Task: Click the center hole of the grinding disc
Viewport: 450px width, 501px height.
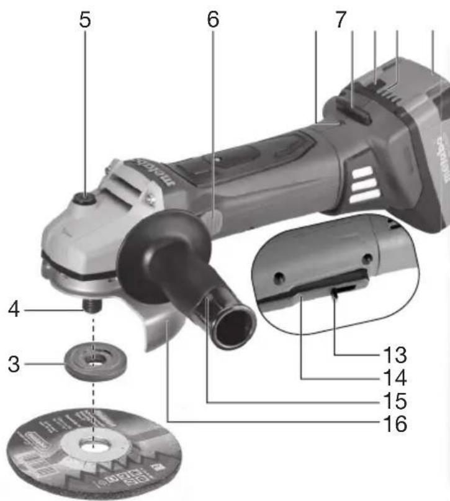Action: click(91, 445)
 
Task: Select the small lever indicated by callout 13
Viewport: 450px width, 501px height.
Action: click(341, 291)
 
